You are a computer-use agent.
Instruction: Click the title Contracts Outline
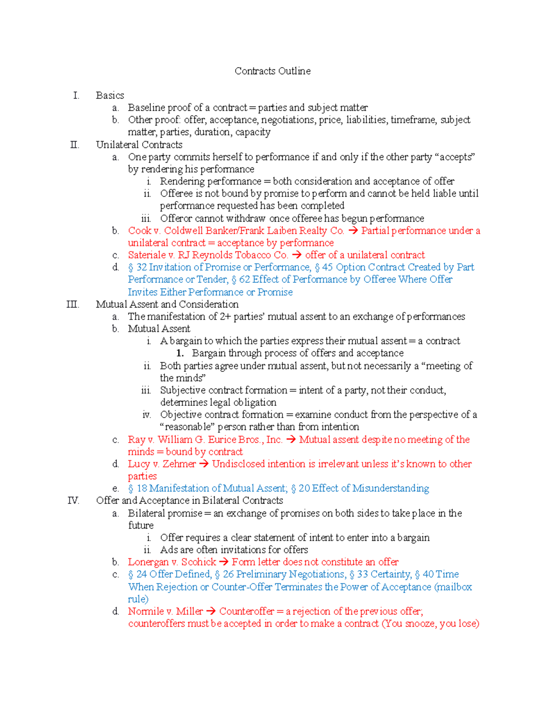pos(272,71)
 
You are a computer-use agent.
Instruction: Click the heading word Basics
pos(110,95)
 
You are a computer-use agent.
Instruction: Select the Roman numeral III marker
pos(73,304)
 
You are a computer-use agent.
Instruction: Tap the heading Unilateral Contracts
pos(139,145)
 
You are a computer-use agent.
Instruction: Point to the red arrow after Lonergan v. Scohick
pos(223,562)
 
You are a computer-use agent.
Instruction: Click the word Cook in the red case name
pos(139,231)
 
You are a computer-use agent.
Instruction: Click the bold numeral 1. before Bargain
pos(180,353)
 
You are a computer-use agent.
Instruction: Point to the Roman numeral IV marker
pos(73,501)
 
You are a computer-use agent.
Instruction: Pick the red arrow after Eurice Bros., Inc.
pos(291,439)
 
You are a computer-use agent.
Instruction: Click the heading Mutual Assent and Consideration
pos(167,304)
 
